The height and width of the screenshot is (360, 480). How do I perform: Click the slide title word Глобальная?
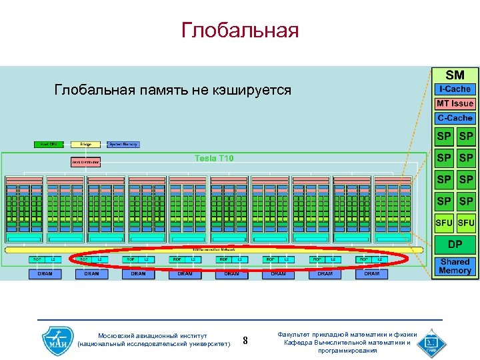[x=239, y=31]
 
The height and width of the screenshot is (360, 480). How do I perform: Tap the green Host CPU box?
[x=49, y=144]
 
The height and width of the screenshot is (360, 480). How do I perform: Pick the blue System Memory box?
[x=123, y=144]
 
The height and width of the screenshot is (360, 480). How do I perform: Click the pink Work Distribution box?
[x=85, y=162]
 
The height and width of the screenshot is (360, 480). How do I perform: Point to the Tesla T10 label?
[x=214, y=159]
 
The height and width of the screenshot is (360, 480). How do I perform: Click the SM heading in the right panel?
[x=455, y=75]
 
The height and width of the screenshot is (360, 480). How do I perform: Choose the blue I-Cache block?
[x=455, y=89]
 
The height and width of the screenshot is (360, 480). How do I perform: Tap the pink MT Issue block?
[x=455, y=103]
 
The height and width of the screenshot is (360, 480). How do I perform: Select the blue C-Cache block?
[x=455, y=118]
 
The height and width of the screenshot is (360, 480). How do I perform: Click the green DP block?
[x=455, y=244]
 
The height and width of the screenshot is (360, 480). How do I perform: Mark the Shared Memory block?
[x=455, y=266]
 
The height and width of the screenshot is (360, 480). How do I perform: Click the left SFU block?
[x=444, y=223]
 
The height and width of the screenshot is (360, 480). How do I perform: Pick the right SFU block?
[x=466, y=223]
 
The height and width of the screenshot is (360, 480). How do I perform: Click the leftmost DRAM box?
[x=45, y=273]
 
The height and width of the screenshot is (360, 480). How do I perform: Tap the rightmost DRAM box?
[x=371, y=273]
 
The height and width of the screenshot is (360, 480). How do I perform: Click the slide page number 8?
[x=245, y=341]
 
